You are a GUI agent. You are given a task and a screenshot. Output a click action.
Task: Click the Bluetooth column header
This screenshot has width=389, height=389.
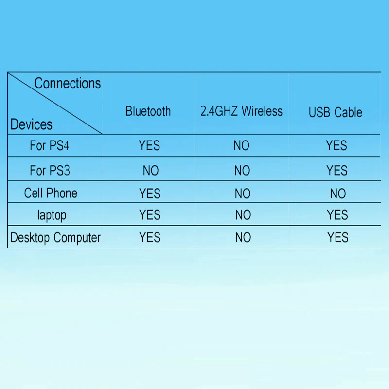(148, 111)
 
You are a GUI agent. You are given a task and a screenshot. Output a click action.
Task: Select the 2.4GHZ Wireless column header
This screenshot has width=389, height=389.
(241, 111)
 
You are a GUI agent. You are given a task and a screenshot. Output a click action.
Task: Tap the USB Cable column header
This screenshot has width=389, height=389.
(335, 112)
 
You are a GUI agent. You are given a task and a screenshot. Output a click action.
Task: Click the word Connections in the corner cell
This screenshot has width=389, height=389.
(68, 83)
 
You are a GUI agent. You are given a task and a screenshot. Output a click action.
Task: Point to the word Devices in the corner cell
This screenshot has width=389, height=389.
(31, 124)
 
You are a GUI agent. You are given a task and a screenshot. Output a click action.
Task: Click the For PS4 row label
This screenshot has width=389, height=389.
(50, 145)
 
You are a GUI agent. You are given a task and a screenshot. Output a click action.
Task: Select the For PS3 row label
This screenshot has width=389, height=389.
(50, 171)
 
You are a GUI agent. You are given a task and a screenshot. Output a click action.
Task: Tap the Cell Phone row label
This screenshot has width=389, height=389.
(51, 193)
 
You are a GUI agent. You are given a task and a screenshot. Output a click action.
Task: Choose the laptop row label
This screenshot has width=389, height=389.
(52, 215)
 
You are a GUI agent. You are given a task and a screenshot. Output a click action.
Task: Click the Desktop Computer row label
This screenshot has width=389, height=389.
(55, 238)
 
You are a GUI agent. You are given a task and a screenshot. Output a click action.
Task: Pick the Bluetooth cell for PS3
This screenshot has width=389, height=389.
(151, 171)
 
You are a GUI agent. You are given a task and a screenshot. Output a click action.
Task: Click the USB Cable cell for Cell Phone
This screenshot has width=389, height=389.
(338, 194)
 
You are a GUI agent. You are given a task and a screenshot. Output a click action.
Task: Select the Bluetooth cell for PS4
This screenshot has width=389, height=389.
(149, 145)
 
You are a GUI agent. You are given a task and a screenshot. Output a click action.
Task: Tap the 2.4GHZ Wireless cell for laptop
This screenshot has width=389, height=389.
(243, 215)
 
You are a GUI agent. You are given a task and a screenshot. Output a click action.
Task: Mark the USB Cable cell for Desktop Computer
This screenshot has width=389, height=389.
(337, 237)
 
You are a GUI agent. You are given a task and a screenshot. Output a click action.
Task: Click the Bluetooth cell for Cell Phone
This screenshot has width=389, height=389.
(150, 194)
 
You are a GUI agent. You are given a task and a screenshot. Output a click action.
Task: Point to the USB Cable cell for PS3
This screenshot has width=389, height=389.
(336, 171)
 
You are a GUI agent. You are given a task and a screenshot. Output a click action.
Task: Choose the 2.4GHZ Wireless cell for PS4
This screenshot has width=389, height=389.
(241, 145)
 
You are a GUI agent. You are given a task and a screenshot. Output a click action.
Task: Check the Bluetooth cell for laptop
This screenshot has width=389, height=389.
(150, 215)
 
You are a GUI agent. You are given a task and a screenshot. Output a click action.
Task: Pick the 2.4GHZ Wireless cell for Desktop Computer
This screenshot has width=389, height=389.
(243, 237)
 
